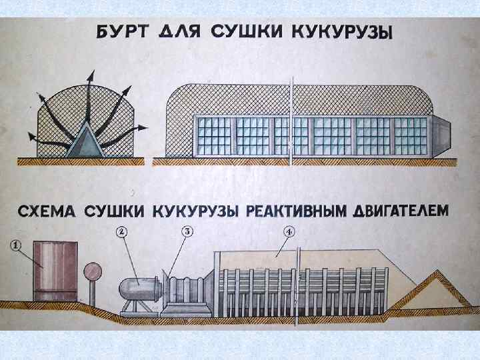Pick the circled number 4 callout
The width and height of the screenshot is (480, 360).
point(289,232)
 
